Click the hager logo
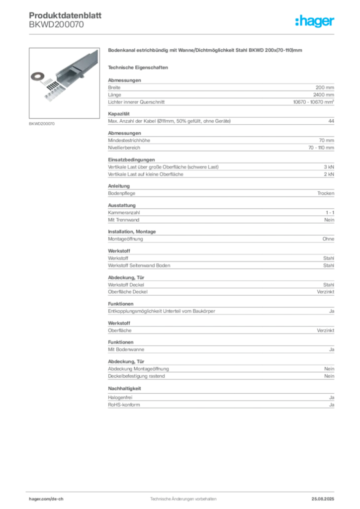pyautogui.click(x=314, y=21)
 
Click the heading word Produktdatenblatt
pyautogui.click(x=65, y=15)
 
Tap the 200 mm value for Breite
pyautogui.click(x=325, y=87)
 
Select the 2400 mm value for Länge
pyautogui.click(x=323, y=95)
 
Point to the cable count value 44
pyautogui.click(x=331, y=121)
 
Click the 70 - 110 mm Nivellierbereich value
pyautogui.click(x=321, y=148)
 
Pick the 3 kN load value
pyautogui.click(x=329, y=167)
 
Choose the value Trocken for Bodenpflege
pyautogui.click(x=326, y=193)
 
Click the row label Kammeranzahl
pyautogui.click(x=124, y=213)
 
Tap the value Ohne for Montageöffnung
pyautogui.click(x=328, y=239)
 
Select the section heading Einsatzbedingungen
pyautogui.click(x=131, y=160)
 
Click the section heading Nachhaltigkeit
pyautogui.click(x=125, y=388)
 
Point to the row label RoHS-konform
pyautogui.click(x=124, y=405)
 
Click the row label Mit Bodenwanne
pyautogui.click(x=126, y=349)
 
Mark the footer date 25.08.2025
pyautogui.click(x=323, y=499)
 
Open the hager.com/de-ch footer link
pyautogui.click(x=46, y=499)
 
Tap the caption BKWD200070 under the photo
pyautogui.click(x=42, y=124)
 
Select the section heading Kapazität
pyautogui.click(x=119, y=114)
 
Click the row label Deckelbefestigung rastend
pyautogui.click(x=136, y=376)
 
